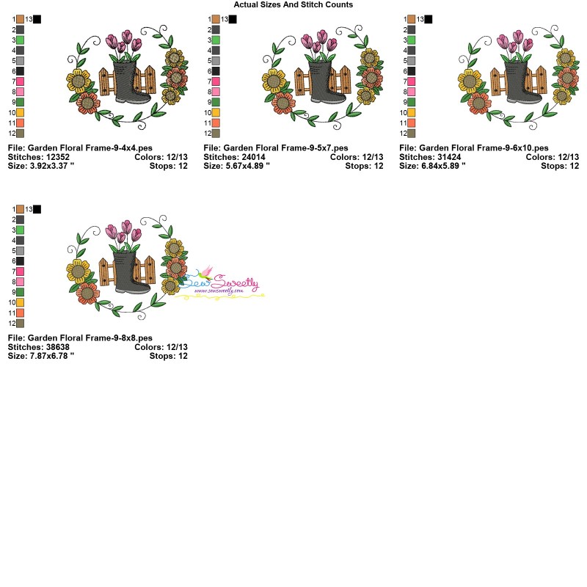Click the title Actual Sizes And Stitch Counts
pyautogui.click(x=293, y=4)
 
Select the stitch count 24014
pyautogui.click(x=250, y=157)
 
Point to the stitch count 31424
pyautogui.click(x=446, y=157)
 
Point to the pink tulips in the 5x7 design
pyautogui.click(x=321, y=44)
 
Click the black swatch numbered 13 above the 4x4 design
pyautogui.click(x=37, y=19)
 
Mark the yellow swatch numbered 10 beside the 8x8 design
pyautogui.click(x=21, y=302)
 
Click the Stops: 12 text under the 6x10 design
pyautogui.click(x=560, y=166)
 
